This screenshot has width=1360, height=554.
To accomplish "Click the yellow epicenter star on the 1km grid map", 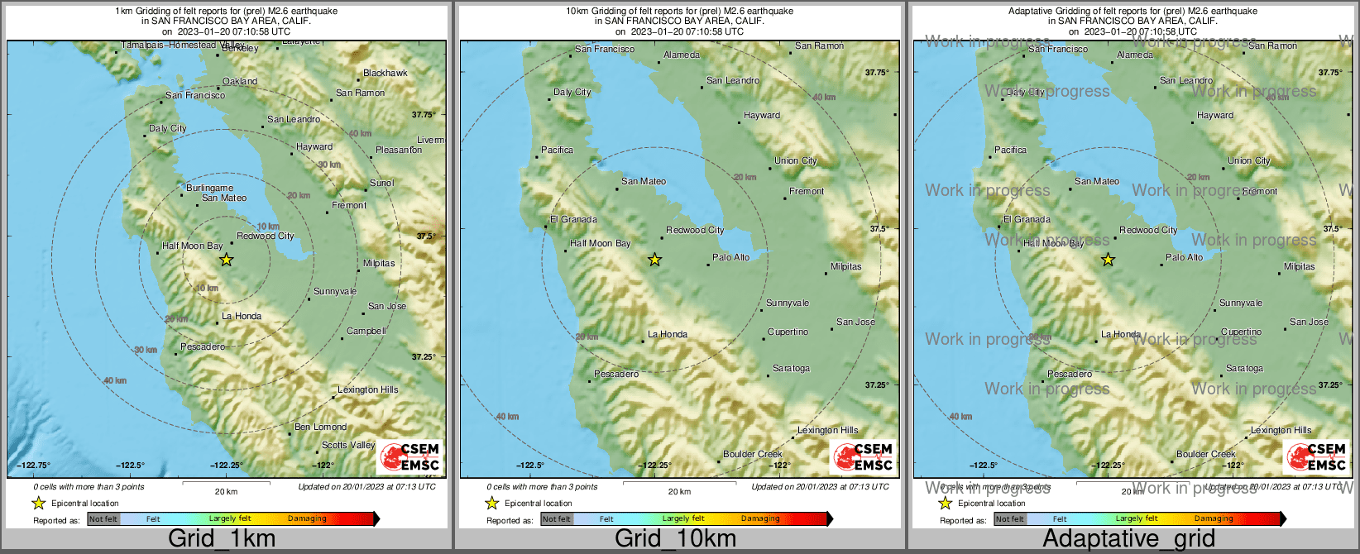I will click(x=226, y=260).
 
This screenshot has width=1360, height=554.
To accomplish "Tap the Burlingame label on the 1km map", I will click(x=209, y=188).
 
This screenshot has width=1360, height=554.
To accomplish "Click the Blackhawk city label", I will click(x=385, y=73).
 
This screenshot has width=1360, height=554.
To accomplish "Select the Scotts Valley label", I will click(x=348, y=445).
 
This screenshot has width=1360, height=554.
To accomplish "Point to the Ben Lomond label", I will click(x=320, y=427).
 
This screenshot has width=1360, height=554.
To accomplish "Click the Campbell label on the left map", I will click(x=366, y=331).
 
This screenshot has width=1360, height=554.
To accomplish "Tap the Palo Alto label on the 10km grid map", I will click(x=730, y=257).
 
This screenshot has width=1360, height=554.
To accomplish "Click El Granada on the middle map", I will click(x=573, y=219).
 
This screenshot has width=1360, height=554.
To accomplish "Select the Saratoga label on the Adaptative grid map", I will click(x=1244, y=368).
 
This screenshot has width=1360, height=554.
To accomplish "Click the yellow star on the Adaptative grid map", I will click(x=1108, y=260).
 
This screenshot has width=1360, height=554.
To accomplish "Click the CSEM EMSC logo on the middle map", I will click(x=863, y=456).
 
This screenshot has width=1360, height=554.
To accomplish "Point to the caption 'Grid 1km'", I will click(x=221, y=539).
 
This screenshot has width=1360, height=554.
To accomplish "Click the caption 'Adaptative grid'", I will click(x=1128, y=539).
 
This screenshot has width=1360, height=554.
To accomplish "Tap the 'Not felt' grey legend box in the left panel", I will click(x=103, y=518).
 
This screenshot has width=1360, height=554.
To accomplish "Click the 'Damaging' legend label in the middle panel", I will click(x=760, y=518).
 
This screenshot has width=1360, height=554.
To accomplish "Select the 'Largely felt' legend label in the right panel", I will click(x=1136, y=518).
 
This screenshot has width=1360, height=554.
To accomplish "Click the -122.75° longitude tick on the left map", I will click(x=36, y=465).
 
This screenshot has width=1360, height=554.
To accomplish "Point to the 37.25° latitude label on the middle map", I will click(x=877, y=384).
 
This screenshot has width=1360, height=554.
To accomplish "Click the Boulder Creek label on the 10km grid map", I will click(x=752, y=454).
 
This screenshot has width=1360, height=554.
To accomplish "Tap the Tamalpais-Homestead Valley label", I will click(x=183, y=45).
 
